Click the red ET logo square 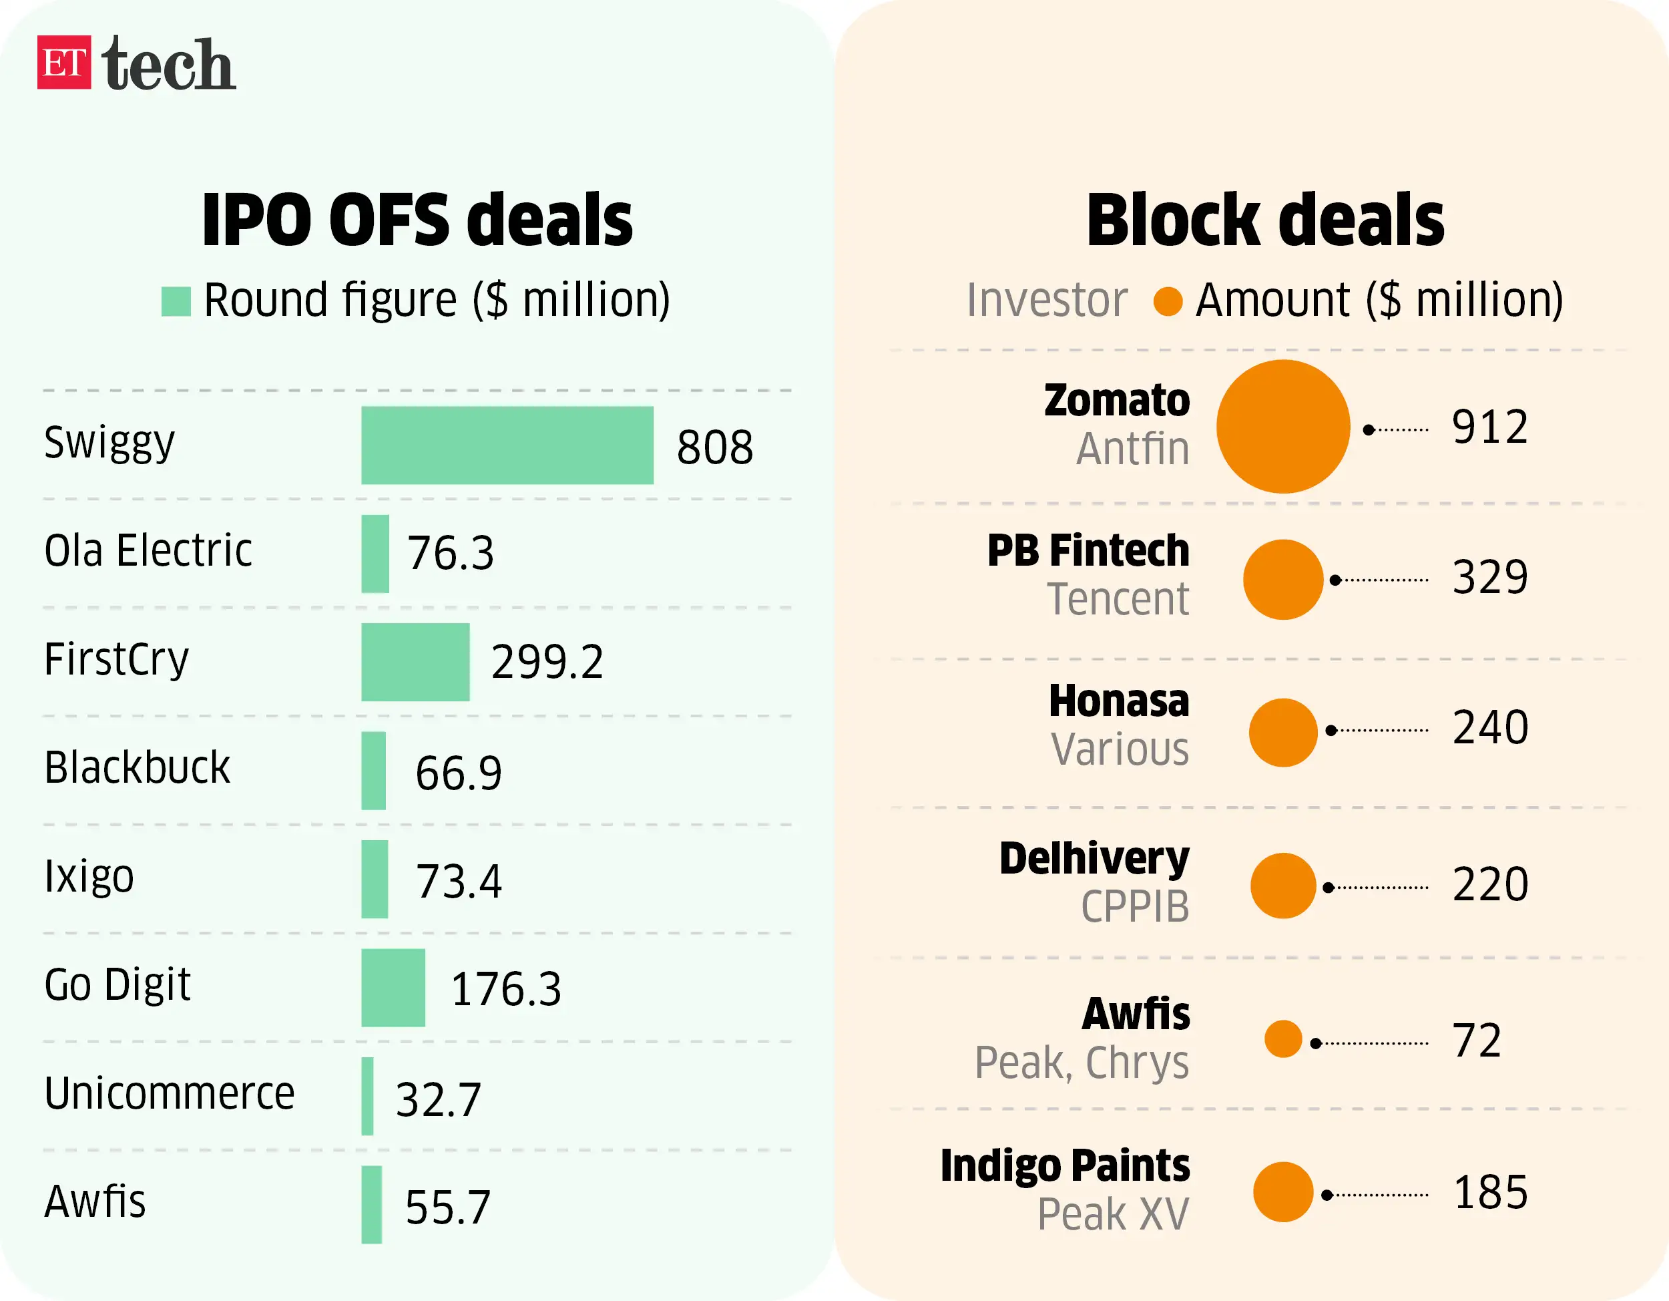pyautogui.click(x=64, y=63)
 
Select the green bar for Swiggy pyautogui.click(x=507, y=445)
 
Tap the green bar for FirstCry pyautogui.click(x=415, y=662)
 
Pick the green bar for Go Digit pyautogui.click(x=393, y=988)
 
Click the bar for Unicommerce pyautogui.click(x=368, y=1096)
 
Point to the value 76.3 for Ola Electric pyautogui.click(x=450, y=554)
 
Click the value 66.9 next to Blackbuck pyautogui.click(x=459, y=772)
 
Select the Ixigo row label pyautogui.click(x=89, y=876)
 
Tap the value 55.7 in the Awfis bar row pyautogui.click(x=448, y=1207)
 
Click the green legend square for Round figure pyautogui.click(x=176, y=301)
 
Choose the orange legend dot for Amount pyautogui.click(x=1168, y=301)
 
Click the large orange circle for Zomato pyautogui.click(x=1283, y=427)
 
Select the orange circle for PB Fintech pyautogui.click(x=1283, y=580)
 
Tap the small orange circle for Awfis pyautogui.click(x=1283, y=1039)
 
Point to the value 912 pyautogui.click(x=1489, y=427)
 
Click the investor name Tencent pyautogui.click(x=1118, y=599)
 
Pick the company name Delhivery pyautogui.click(x=1094, y=858)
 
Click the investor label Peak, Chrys pyautogui.click(x=1082, y=1063)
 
